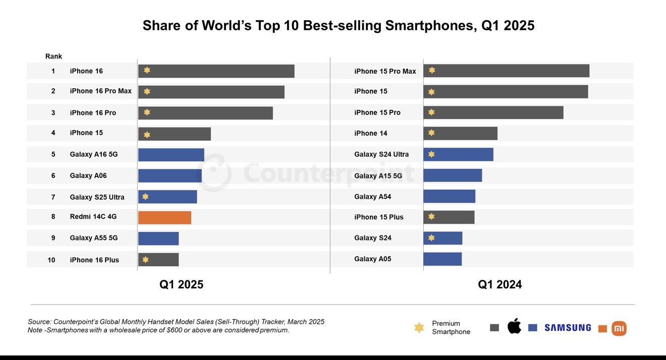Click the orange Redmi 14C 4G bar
164,217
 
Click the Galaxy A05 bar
442,259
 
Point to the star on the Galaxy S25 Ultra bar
145,197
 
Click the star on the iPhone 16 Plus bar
145,260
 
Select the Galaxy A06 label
88,175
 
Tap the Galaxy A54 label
372,197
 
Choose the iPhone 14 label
371,133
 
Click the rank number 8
53,217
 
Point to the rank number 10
51,260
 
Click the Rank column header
53,56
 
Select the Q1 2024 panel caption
499,284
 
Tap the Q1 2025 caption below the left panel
181,284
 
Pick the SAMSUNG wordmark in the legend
568,328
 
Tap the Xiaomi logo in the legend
619,328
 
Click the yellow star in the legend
419,328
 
